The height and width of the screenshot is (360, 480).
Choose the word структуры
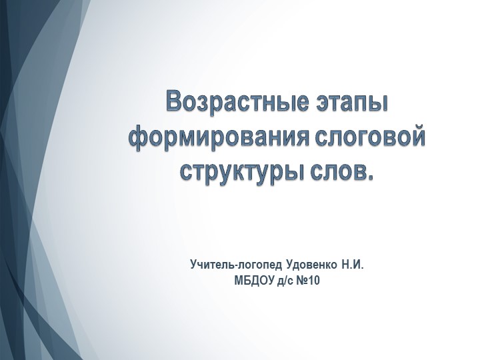242,171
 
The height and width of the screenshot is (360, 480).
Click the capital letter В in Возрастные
175,103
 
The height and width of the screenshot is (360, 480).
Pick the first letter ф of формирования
137,138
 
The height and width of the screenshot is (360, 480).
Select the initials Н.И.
353,265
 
